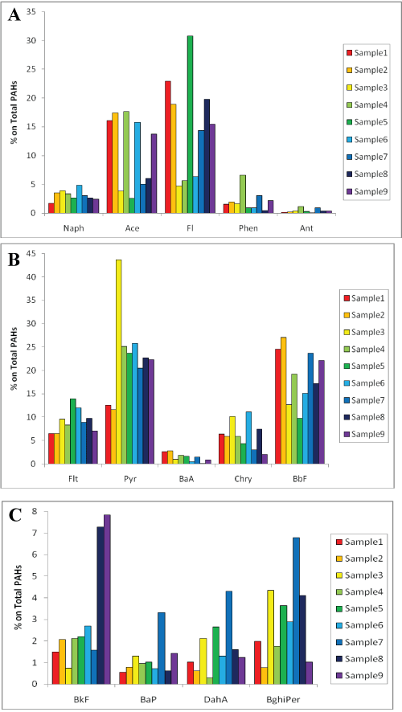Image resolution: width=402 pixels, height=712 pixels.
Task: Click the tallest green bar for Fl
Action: point(190,125)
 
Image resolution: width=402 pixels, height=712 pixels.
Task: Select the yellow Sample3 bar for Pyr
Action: point(118,362)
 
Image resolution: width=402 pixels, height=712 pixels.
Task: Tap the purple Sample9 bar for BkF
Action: point(107,599)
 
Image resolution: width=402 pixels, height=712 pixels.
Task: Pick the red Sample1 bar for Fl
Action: point(167,147)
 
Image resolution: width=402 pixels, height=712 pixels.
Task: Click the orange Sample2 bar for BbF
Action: point(284,400)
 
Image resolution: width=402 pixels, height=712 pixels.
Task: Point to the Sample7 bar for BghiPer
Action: point(296,611)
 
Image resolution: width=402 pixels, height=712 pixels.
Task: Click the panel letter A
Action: point(14,15)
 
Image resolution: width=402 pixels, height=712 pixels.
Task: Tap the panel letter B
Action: point(14,261)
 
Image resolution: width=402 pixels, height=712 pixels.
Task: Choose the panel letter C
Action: point(15,515)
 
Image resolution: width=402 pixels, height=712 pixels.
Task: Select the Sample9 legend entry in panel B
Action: point(363,435)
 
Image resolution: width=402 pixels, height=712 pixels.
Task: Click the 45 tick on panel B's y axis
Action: point(36,253)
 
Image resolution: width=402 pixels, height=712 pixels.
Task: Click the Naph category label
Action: point(72,228)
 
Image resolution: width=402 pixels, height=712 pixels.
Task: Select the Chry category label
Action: point(245,478)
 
